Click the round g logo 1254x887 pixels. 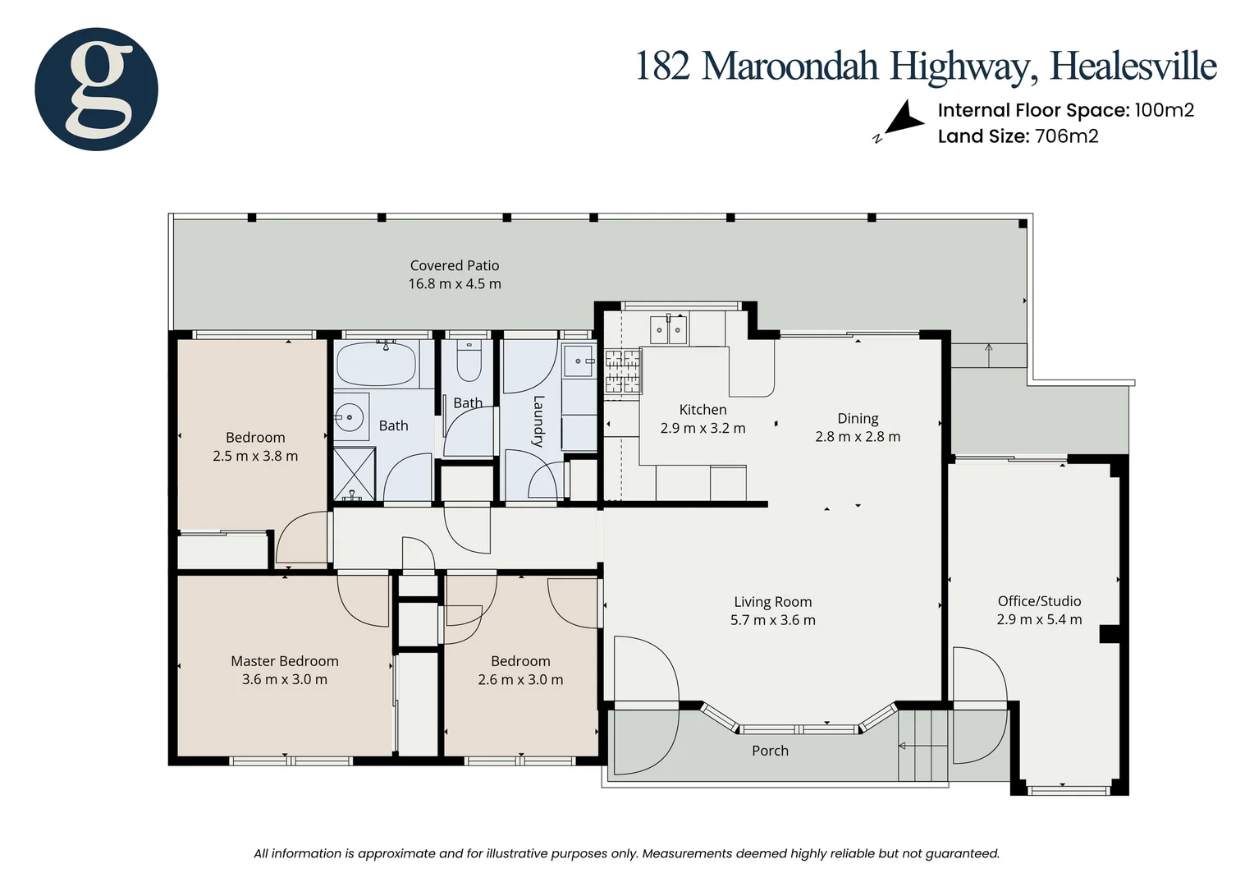[96, 89]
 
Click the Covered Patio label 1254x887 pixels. [455, 265]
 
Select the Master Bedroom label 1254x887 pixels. [285, 661]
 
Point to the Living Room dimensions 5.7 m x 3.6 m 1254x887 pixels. [772, 620]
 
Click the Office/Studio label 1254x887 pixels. [1039, 601]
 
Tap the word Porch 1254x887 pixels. [770, 751]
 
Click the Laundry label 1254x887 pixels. [538, 421]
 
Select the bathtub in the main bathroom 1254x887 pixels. [376, 363]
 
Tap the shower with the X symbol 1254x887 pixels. [355, 474]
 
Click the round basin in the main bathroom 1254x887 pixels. [350, 417]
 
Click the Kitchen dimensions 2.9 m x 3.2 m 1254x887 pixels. [703, 429]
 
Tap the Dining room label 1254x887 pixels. [858, 418]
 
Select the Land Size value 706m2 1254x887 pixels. [1066, 136]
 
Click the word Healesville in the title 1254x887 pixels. [1133, 67]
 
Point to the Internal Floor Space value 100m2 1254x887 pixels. [1165, 110]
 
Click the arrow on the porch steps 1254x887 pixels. [918, 746]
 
